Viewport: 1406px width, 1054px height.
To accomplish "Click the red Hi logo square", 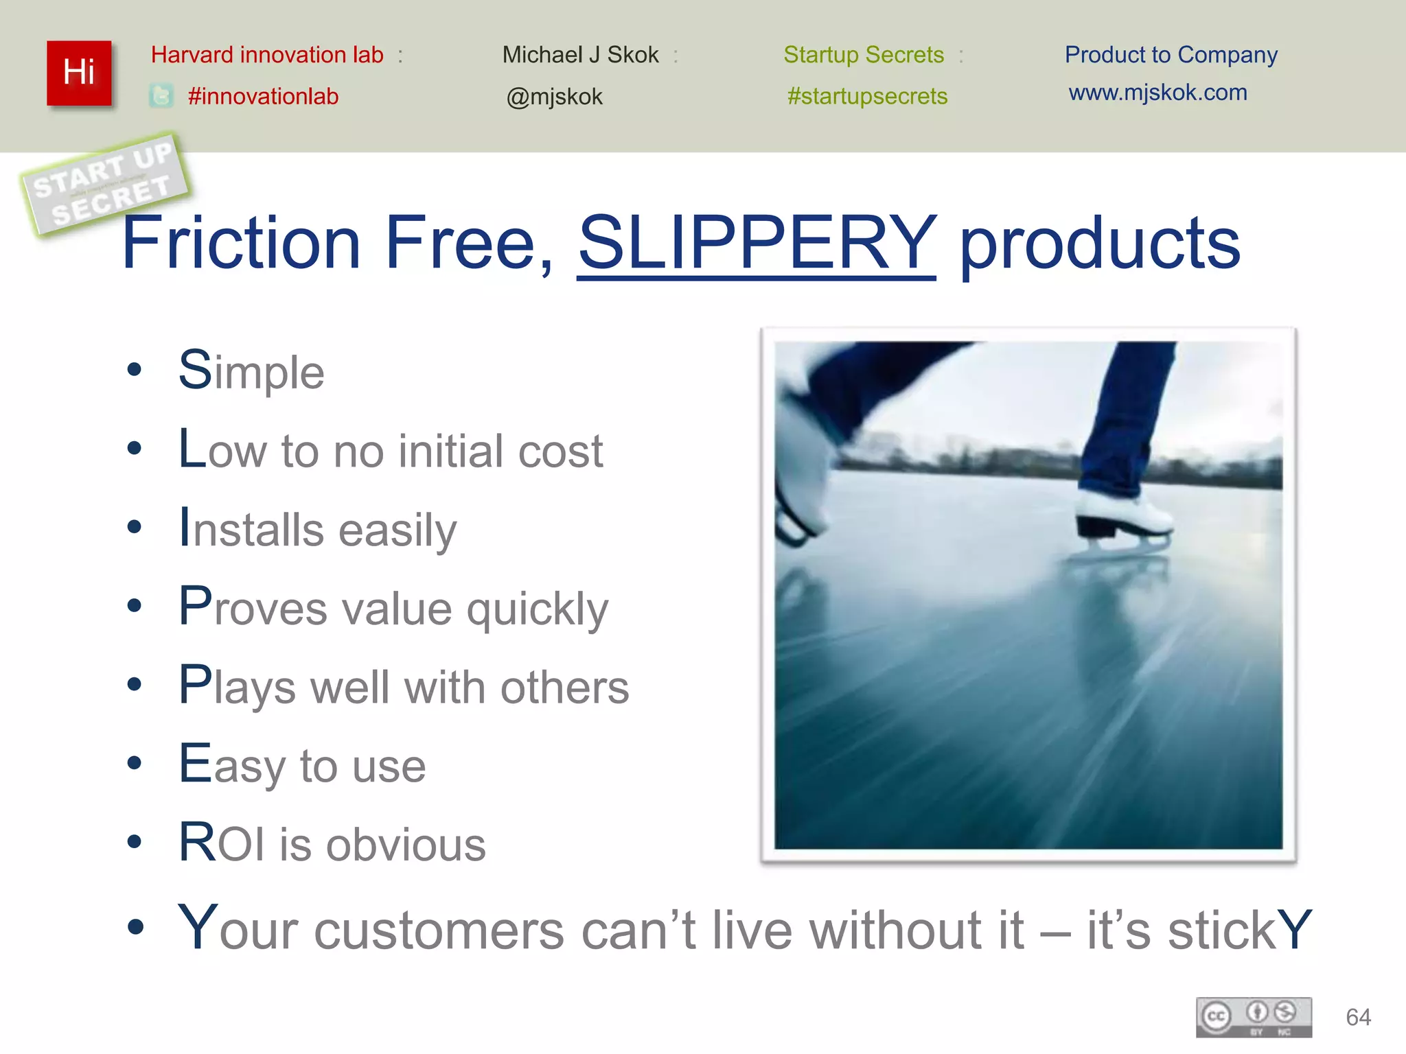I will coord(79,73).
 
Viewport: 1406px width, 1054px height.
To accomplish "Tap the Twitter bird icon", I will coord(161,96).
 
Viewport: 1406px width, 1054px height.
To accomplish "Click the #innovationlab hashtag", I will coord(263,96).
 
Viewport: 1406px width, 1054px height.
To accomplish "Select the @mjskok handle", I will coord(554,97).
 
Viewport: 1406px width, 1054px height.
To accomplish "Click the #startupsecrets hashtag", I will coord(867,96).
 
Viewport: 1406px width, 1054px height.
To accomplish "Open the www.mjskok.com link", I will coord(1157,93).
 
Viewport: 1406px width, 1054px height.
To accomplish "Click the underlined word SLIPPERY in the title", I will coord(757,243).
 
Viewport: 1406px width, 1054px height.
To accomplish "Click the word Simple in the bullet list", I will coord(251,371).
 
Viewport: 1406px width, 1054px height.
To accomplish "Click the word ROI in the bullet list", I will coord(221,843).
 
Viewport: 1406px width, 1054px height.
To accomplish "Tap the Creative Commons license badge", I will coord(1254,1017).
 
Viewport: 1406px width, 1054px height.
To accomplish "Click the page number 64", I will coord(1358,1017).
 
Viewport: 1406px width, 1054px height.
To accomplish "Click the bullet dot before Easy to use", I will coord(135,763).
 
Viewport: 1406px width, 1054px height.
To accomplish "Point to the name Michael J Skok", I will coord(580,55).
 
